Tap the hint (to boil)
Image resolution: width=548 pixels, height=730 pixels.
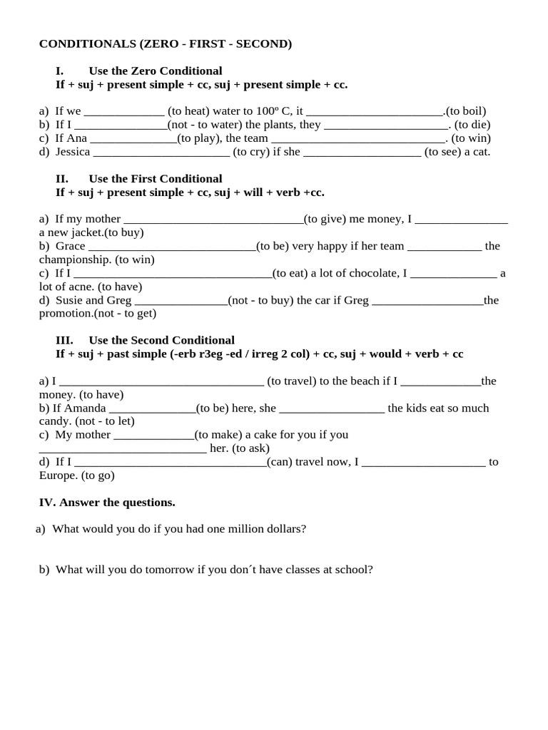[x=467, y=111]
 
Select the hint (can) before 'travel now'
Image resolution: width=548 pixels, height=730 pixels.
[x=280, y=462]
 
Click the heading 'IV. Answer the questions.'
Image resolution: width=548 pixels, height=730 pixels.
[x=106, y=503]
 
